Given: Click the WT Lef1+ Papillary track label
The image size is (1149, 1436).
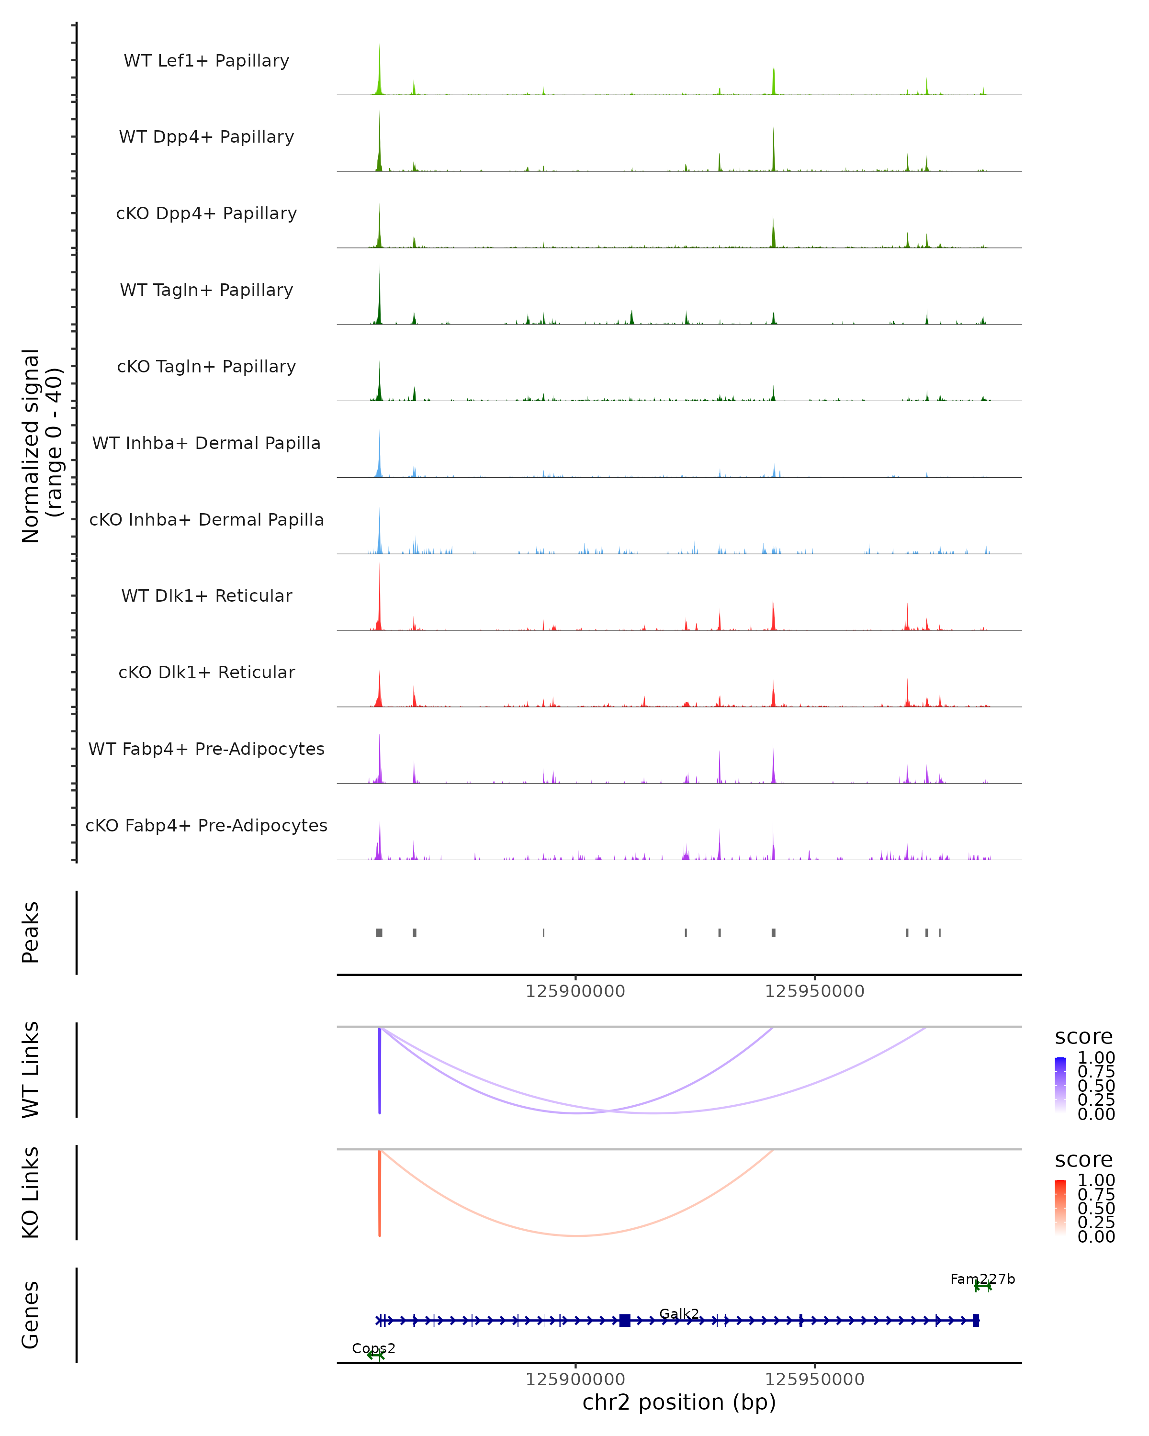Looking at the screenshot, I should click(x=206, y=61).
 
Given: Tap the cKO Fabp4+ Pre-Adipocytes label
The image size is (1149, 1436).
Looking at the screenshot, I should click(x=206, y=825).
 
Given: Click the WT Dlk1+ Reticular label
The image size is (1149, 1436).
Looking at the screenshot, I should click(x=206, y=595).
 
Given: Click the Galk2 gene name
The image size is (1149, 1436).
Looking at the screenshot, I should click(x=679, y=1313).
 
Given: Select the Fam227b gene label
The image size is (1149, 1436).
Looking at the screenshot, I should click(x=982, y=1279).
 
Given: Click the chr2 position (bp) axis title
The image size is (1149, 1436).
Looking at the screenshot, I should click(x=679, y=1402).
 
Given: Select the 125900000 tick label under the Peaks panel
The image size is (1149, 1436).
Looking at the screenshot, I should click(x=575, y=991).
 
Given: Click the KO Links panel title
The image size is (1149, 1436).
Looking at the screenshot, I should click(x=31, y=1193).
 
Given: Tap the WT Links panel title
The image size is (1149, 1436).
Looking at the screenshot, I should click(x=31, y=1070).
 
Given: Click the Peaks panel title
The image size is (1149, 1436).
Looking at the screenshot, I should click(x=31, y=932).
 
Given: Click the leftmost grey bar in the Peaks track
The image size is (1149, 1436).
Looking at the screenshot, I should click(x=379, y=932).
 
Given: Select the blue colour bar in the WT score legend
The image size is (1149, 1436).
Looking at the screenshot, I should click(x=1060, y=1085).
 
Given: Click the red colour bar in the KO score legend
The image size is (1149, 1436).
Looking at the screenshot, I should click(x=1060, y=1208).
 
